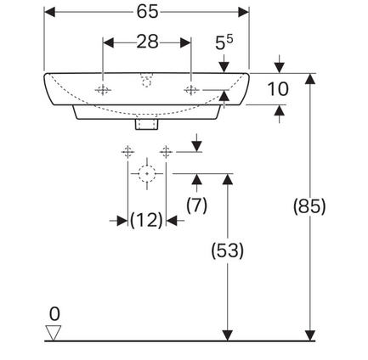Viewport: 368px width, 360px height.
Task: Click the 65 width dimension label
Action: pos(147,12)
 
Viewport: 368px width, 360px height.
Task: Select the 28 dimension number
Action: pos(147,42)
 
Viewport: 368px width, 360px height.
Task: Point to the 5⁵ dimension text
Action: pos(224,42)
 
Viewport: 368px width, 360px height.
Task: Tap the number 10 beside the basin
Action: pos(278,89)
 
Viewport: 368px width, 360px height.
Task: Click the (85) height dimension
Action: pos(309,206)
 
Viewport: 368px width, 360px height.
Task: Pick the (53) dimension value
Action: pos(227,250)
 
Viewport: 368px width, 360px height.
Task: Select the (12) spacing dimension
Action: pos(146,220)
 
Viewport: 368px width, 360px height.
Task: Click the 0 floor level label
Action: pos(54,314)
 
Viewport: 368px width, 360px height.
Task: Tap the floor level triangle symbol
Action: pos(54,333)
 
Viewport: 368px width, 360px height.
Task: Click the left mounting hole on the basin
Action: pos(103,90)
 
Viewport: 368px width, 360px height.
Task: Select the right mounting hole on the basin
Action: pos(191,90)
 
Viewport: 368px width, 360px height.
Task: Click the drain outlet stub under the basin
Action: pos(146,124)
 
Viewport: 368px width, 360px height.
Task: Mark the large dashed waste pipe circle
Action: pos(147,173)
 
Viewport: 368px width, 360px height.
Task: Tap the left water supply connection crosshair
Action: pos(127,152)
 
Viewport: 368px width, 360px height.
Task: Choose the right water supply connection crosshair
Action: pos(166,152)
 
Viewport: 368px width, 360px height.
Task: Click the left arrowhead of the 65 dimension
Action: pos(49,12)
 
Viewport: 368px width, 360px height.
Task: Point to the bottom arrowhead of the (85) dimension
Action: pos(310,335)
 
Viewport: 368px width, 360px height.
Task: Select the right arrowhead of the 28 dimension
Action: pos(185,42)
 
